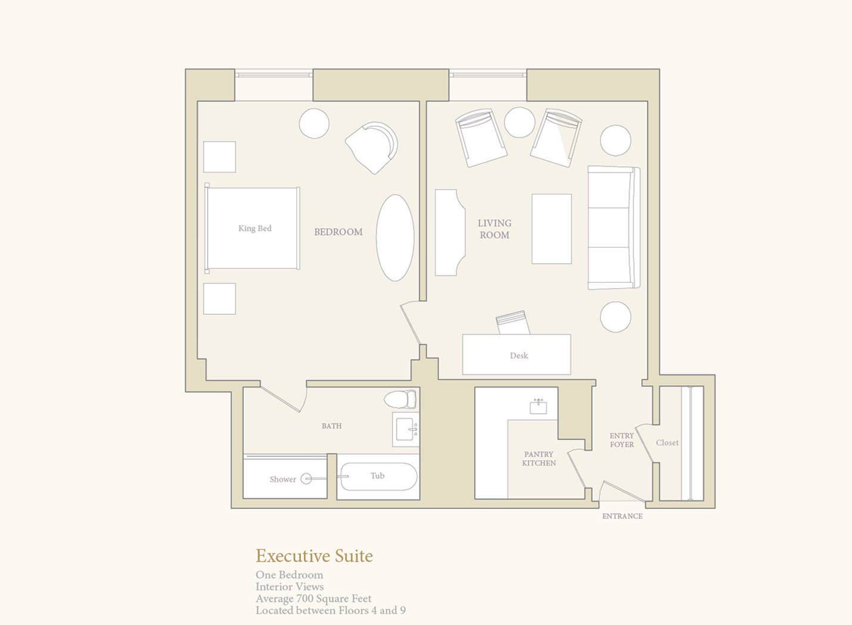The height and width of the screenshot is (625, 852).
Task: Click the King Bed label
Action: click(255, 229)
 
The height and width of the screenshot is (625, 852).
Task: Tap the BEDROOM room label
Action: click(338, 232)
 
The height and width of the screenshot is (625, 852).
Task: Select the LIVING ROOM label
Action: click(495, 229)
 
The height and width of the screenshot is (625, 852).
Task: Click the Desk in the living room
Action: click(517, 354)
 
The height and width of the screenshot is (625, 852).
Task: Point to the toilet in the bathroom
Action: click(400, 399)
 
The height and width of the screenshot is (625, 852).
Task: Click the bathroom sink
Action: click(406, 430)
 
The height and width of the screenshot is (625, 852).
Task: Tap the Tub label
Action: click(377, 476)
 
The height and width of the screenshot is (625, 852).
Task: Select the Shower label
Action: click(282, 480)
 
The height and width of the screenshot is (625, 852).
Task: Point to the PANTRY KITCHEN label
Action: click(539, 458)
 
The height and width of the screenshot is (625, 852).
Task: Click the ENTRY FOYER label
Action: click(622, 440)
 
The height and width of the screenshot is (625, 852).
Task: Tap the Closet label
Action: click(667, 443)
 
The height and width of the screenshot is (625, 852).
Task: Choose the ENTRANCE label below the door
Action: click(622, 516)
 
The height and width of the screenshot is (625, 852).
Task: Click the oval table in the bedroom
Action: click(395, 238)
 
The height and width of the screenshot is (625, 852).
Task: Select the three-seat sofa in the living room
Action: click(614, 227)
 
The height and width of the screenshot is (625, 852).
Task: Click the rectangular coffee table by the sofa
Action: click(552, 229)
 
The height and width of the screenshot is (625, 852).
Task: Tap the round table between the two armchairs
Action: click(520, 122)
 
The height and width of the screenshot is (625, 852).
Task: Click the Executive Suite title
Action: click(314, 556)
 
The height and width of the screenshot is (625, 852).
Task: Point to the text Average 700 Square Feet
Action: click(313, 599)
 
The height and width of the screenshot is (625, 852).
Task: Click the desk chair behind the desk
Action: click(513, 323)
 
